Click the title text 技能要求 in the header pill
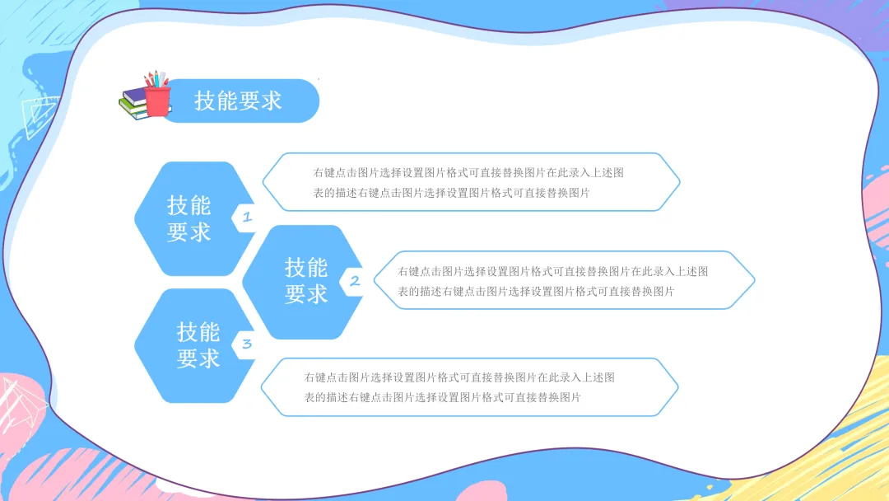coord(238,101)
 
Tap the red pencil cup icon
coord(156,97)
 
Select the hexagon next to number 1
coord(189,218)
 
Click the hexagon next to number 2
coord(305,281)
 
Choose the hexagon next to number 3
coord(198,345)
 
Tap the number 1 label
coord(245,218)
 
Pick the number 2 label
coord(355,281)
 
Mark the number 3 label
coord(246,344)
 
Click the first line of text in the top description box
coord(468,173)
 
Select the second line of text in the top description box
coord(451,193)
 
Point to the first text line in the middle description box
coord(552,271)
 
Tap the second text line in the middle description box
coord(536,291)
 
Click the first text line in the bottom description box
coord(458,377)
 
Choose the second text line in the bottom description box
coord(442,397)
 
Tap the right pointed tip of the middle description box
coord(753,280)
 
